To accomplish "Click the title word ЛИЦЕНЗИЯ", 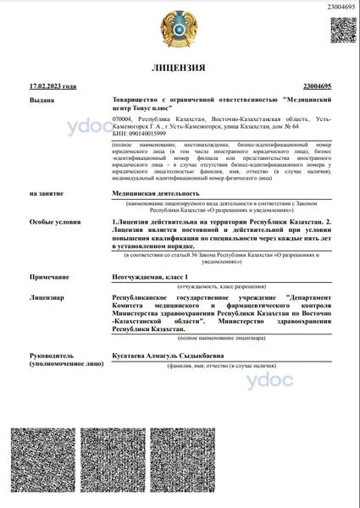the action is [179, 67].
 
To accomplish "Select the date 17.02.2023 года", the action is [53, 86].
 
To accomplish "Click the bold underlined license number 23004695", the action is [316, 86].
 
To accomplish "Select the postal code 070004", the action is [124, 119].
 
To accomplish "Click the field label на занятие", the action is [45, 194].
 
